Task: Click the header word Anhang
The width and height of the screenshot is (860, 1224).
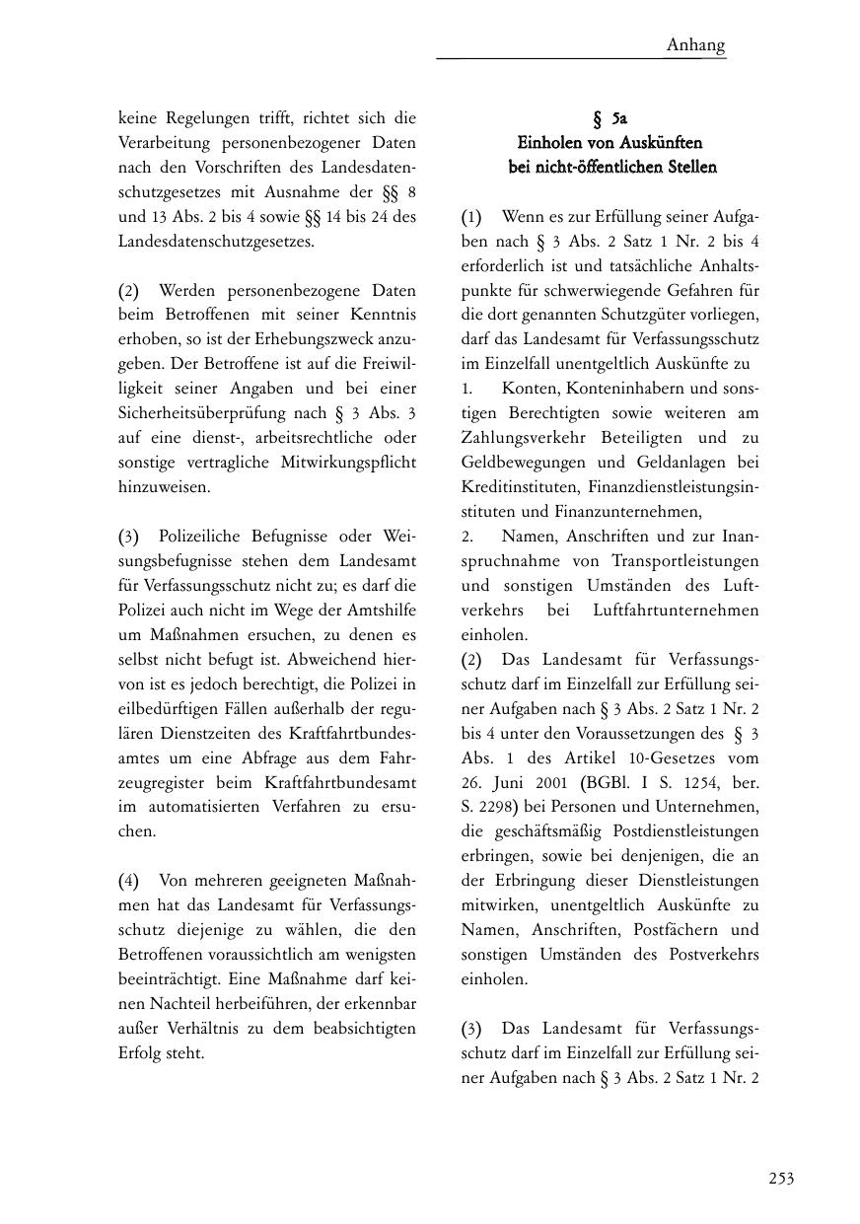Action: tap(695, 44)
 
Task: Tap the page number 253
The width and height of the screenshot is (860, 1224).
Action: tap(781, 1178)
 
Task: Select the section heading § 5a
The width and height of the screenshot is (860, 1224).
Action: tap(609, 119)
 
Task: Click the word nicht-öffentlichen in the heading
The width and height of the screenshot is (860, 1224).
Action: tap(587, 167)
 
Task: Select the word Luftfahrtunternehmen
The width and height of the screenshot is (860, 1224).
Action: tap(677, 611)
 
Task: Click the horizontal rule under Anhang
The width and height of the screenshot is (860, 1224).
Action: tap(582, 59)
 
